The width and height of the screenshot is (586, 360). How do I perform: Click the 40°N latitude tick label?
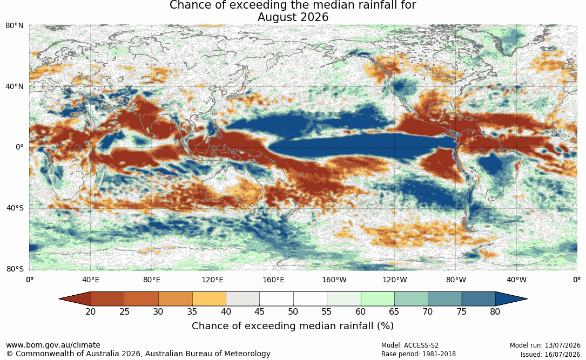point(15,86)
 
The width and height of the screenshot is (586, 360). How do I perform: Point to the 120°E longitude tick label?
point(213,280)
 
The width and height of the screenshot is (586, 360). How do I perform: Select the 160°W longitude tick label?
point(334,280)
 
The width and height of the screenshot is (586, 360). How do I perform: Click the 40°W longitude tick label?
point(517,280)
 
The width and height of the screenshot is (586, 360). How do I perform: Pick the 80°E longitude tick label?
point(152,280)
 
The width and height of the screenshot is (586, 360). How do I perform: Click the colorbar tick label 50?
point(293,311)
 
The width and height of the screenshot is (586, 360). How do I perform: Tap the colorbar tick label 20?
point(91,311)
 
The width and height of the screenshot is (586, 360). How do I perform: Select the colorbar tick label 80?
point(495,311)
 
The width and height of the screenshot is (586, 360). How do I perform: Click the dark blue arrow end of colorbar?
point(511,299)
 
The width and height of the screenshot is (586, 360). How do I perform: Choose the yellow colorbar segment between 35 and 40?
point(209,299)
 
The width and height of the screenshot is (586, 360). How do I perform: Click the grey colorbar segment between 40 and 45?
point(243,299)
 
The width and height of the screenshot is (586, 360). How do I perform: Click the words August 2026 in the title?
point(293,17)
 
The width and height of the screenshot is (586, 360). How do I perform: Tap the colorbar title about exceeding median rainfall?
point(293,325)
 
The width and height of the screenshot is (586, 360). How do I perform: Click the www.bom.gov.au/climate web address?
point(53,345)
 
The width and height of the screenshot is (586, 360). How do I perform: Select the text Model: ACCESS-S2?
point(410,345)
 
